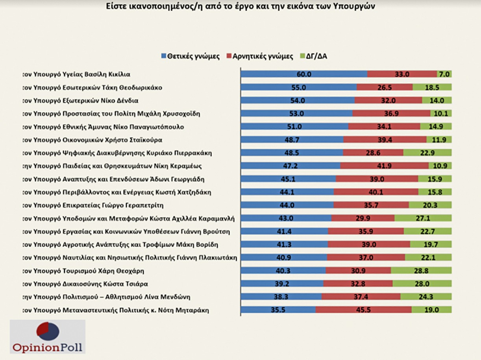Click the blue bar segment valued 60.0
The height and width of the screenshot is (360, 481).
304,74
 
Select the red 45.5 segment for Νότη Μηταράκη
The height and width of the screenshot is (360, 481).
364,310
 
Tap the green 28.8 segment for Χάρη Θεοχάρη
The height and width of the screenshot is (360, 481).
421,270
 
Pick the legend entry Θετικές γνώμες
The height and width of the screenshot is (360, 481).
191,56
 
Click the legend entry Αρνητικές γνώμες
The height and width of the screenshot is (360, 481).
260,56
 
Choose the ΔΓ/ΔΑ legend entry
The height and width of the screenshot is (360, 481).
314,56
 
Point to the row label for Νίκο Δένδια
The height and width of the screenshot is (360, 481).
80,100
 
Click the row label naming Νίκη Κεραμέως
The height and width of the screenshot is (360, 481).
112,166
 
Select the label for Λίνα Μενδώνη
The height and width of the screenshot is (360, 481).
106,297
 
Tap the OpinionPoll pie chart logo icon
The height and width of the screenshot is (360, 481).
48,331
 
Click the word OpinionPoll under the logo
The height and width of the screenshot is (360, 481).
48,347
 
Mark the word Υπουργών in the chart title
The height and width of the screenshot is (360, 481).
355,6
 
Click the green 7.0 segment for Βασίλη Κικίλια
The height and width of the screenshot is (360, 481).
444,74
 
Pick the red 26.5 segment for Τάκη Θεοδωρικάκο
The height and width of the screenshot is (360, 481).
385,87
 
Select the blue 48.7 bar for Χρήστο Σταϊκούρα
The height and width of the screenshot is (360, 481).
292,140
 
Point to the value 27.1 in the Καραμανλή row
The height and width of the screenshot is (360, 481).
423,218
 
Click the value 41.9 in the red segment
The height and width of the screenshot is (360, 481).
384,166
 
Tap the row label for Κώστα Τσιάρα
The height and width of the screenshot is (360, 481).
85,284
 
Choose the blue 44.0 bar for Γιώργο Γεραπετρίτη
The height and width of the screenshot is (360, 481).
287,205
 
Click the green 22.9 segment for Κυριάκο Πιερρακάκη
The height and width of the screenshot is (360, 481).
427,153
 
